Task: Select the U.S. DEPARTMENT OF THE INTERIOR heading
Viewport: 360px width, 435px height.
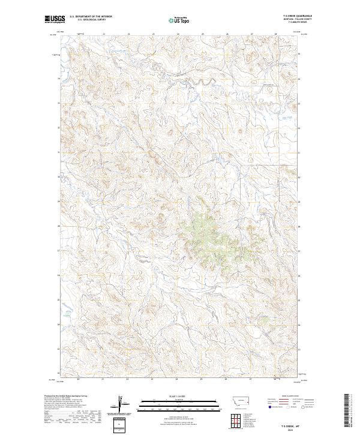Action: point(91,16)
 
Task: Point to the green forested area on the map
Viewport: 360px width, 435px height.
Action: point(207,234)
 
